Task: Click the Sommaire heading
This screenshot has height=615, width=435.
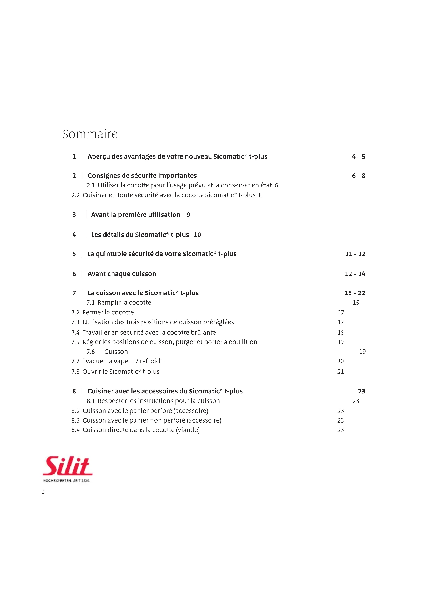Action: click(x=90, y=134)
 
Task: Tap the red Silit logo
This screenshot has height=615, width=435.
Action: click(x=68, y=466)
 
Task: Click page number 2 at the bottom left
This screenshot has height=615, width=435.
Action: click(x=43, y=491)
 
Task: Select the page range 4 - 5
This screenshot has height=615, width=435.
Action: click(x=358, y=157)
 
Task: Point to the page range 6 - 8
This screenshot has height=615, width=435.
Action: click(x=358, y=176)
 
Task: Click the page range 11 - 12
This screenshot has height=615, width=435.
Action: click(x=355, y=254)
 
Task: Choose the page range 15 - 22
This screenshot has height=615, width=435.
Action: click(x=355, y=293)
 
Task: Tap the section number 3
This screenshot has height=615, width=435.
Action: click(x=74, y=215)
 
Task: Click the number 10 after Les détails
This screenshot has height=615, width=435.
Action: click(x=197, y=235)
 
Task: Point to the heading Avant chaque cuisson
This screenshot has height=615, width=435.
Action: click(x=122, y=274)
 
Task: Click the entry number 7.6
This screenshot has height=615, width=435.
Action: click(x=90, y=352)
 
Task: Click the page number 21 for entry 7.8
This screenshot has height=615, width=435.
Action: click(x=340, y=372)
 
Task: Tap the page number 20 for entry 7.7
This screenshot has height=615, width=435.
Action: click(x=340, y=361)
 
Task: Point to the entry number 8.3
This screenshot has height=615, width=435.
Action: click(x=75, y=420)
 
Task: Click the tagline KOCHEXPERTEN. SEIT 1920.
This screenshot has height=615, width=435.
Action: click(x=67, y=481)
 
